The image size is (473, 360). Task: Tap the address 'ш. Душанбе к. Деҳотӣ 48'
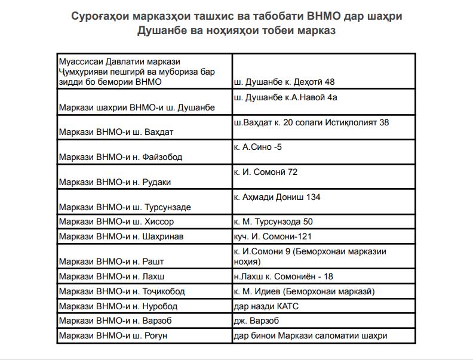point(284,81)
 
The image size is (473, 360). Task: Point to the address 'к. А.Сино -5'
point(257,147)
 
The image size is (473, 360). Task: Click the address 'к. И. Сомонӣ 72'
point(266,172)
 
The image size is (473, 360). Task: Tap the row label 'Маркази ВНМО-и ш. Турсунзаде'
point(125,207)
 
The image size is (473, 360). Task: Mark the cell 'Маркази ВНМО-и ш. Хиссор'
point(116,221)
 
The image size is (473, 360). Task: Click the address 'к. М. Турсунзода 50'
point(273,221)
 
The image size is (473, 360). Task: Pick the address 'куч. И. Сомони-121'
point(273,236)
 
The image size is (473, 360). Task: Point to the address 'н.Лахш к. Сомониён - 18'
point(283,276)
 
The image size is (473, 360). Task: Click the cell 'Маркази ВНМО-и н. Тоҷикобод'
point(122,291)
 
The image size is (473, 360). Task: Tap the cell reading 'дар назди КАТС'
point(266,306)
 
